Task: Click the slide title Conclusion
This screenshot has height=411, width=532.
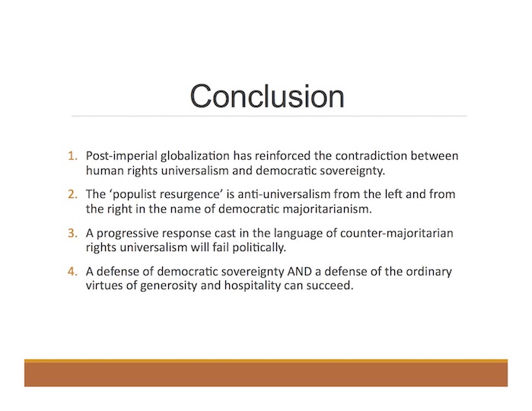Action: (x=267, y=97)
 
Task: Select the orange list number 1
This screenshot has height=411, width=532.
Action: (x=72, y=156)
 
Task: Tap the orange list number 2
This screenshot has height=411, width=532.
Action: (x=72, y=194)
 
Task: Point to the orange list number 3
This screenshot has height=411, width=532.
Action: (x=72, y=233)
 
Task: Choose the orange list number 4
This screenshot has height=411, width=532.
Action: (x=72, y=272)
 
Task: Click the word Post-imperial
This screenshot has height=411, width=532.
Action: (x=122, y=156)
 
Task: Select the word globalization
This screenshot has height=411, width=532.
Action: (x=195, y=156)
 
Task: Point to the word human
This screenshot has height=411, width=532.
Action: (x=105, y=170)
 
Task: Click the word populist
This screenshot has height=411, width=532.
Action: (x=133, y=195)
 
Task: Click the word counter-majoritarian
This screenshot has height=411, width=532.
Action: (x=397, y=233)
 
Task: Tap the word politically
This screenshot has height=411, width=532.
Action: (x=260, y=247)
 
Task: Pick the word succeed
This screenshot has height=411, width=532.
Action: (x=330, y=285)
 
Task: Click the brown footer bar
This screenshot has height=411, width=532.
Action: (x=266, y=373)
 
